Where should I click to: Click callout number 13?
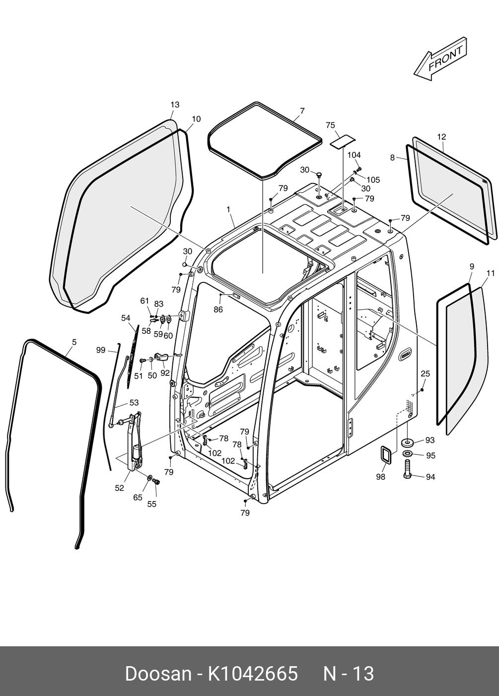[x=175, y=105]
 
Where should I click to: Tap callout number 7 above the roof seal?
[x=302, y=111]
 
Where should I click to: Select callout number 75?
[x=330, y=126]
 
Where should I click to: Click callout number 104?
[x=354, y=155]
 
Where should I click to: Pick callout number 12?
[x=441, y=137]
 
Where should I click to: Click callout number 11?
[x=491, y=273]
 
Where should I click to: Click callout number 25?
[x=426, y=373]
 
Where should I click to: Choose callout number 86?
[x=218, y=310]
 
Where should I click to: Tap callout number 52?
[x=119, y=488]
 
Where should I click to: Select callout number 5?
[x=74, y=342]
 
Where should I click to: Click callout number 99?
[x=101, y=350]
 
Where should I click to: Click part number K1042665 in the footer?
[x=252, y=674]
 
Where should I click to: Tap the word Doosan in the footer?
[x=158, y=674]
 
